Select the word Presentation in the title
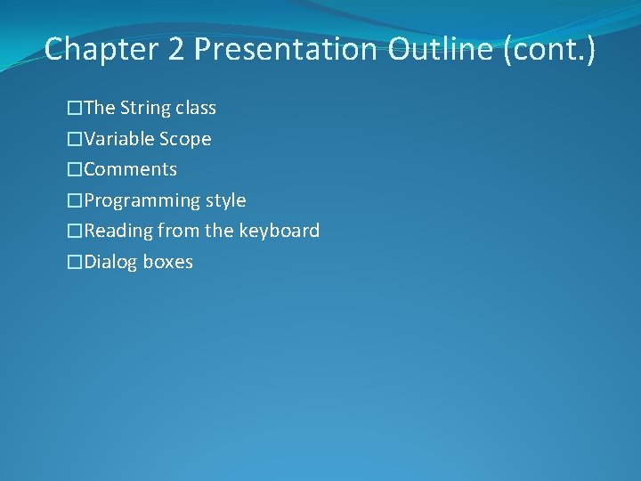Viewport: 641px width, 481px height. (286, 49)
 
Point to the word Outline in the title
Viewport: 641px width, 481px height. (440, 49)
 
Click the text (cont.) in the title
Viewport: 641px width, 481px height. (549, 49)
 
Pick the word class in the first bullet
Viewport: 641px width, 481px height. (196, 109)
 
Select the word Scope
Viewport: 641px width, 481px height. (185, 139)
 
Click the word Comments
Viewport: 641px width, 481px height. (131, 169)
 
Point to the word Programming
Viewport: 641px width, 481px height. (142, 200)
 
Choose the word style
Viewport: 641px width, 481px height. (226, 200)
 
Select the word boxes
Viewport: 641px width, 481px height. (168, 262)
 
